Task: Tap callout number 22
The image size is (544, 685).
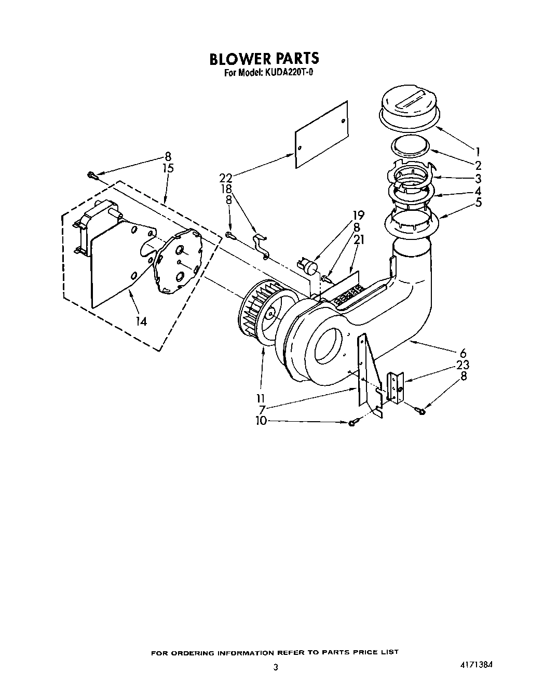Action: [225, 178]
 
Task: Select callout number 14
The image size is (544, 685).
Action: [141, 321]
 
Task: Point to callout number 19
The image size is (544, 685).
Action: [358, 215]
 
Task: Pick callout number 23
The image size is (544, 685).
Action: [463, 365]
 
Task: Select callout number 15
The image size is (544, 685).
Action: [168, 168]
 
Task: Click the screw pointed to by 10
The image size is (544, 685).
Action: [353, 423]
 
